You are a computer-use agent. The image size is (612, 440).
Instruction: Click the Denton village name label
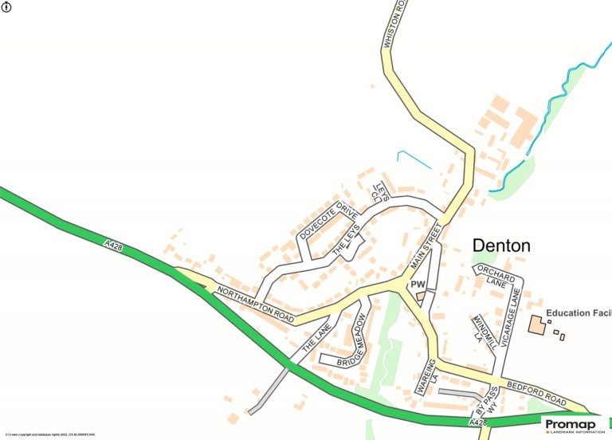click(501, 246)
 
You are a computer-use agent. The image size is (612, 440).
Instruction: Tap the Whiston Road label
click(390, 26)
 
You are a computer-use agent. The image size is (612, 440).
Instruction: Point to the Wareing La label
click(428, 377)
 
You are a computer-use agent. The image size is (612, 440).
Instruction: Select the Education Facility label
click(578, 313)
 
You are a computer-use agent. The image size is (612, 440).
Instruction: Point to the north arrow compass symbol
click(7, 8)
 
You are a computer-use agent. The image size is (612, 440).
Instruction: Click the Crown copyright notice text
click(49, 434)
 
